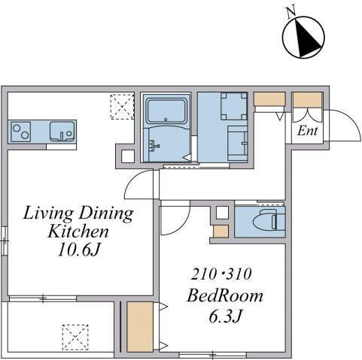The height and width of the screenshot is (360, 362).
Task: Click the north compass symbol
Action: coord(303,38)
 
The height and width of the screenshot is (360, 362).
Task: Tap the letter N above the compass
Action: coord(291,13)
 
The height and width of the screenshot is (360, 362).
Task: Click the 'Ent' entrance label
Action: coord(308,131)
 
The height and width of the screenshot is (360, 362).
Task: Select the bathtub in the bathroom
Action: coord(167,111)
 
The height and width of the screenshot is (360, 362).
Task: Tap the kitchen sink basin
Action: coord(62,132)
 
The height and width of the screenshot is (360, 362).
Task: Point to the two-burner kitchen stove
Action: coord(21,132)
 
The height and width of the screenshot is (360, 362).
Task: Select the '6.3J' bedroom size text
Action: coord(225,316)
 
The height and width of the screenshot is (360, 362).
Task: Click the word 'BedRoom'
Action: coord(225,295)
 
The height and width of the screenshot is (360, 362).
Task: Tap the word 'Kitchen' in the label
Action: coord(78,231)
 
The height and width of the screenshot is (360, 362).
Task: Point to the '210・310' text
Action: coord(221,274)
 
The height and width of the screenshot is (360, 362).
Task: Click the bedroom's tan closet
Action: coord(140,327)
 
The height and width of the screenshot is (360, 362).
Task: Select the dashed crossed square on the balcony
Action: coord(75,337)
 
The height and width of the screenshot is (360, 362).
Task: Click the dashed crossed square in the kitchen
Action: coord(122,107)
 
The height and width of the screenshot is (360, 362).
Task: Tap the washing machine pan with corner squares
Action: coord(234,106)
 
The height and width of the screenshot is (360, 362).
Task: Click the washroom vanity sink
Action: coord(238,144)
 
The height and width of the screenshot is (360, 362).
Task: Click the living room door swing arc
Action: coord(133,180)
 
